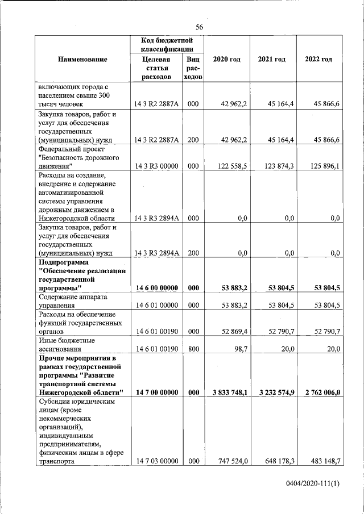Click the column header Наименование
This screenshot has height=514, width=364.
tap(82, 59)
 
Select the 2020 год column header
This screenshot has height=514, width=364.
tap(226, 59)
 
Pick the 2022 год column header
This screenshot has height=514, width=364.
tap(318, 59)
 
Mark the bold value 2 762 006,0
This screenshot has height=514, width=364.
tap(320, 392)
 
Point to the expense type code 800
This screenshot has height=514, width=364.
tap(193, 349)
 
